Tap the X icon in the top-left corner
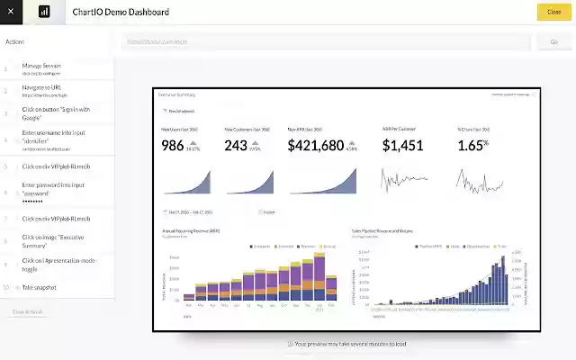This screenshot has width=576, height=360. click(11, 12)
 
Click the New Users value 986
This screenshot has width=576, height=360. click(173, 146)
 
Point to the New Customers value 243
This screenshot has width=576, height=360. click(236, 146)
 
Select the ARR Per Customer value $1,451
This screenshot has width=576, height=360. click(402, 145)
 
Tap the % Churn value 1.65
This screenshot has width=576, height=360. click(470, 145)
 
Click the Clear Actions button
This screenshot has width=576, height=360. click(27, 311)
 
